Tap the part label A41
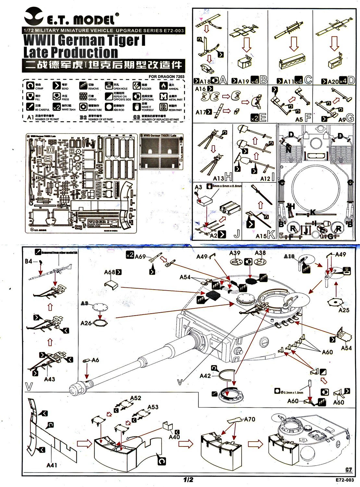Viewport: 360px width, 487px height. (x=52, y=465)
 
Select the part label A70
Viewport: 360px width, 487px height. (x=249, y=419)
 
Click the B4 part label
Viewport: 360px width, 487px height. (x=29, y=261)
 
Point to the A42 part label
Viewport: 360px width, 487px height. (x=205, y=376)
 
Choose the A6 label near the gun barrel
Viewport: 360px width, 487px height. (x=95, y=360)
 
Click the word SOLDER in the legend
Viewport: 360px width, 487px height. (x=146, y=89)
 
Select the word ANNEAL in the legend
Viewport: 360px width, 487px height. (x=173, y=89)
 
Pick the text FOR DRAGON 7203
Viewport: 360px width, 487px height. (x=167, y=77)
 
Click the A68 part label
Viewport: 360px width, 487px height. (x=110, y=272)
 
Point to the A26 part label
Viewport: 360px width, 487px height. (x=86, y=323)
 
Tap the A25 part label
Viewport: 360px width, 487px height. (x=344, y=310)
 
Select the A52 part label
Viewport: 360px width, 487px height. (x=135, y=398)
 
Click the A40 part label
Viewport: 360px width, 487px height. (x=174, y=437)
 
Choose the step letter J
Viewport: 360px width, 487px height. (x=236, y=234)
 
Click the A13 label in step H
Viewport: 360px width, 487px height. (x=218, y=178)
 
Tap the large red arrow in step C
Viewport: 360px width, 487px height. (x=294, y=44)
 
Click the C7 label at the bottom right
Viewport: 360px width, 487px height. (x=349, y=469)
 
